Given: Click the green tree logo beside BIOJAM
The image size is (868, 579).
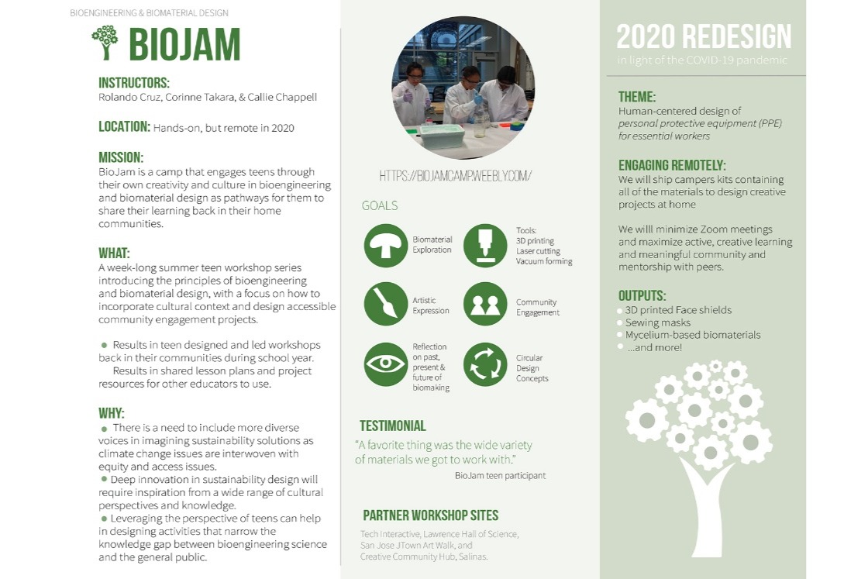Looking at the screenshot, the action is [105, 42].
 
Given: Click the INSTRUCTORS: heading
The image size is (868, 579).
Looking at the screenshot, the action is [134, 83].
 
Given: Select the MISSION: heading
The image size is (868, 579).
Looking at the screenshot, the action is [121, 157].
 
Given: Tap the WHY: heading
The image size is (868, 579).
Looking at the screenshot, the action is [112, 413].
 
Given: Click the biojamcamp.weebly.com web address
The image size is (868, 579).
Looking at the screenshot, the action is [455, 176].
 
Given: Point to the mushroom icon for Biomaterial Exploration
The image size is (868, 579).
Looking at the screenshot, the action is [386, 245].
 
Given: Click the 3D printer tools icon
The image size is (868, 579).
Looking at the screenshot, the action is [485, 245].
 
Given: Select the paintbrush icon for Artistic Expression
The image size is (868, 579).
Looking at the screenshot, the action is [386, 304].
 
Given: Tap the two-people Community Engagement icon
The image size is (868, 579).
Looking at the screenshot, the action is [485, 304].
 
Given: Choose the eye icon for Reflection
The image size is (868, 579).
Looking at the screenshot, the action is [386, 364].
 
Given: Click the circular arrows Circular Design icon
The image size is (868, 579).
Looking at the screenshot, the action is [485, 364].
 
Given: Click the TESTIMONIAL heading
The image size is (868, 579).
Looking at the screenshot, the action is [393, 426].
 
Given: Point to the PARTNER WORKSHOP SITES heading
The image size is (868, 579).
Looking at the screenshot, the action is [431, 515].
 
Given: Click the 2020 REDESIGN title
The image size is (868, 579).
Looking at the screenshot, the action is [704, 37].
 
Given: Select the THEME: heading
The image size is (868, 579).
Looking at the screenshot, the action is [637, 97].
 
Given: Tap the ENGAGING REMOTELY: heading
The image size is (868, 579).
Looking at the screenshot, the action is [672, 166].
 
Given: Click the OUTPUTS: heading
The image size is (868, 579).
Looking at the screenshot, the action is [642, 295].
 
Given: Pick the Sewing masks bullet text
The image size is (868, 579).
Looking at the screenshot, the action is [658, 322].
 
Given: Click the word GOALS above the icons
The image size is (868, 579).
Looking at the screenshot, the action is [380, 205].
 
